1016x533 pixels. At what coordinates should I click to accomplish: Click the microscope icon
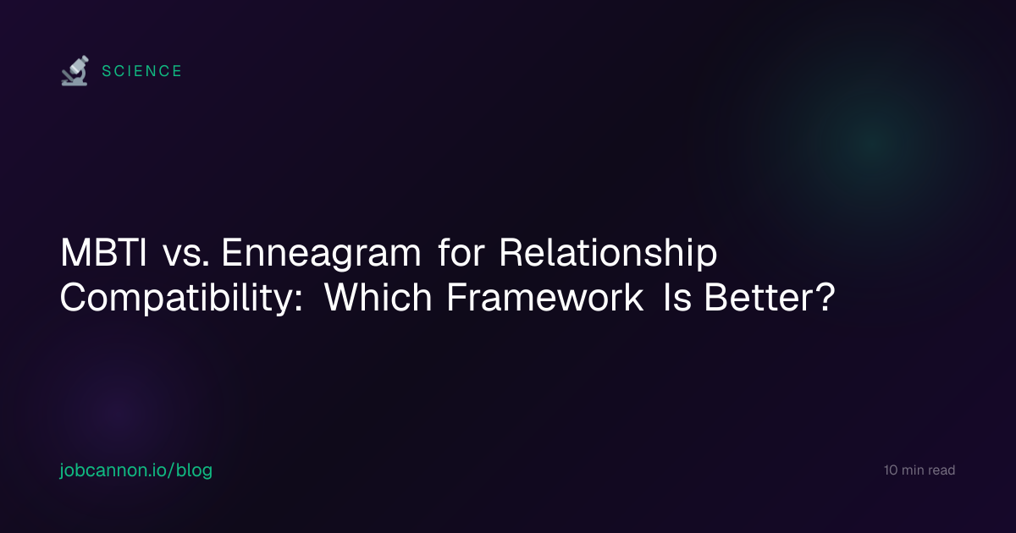click(75, 71)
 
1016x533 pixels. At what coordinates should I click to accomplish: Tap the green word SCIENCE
click(142, 71)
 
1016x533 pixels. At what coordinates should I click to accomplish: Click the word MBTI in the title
click(103, 252)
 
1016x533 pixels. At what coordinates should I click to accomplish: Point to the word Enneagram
click(321, 255)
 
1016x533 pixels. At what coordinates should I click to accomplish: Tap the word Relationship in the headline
click(608, 254)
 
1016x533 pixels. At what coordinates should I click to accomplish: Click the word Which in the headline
click(378, 297)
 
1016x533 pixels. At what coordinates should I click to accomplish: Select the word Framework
click(544, 297)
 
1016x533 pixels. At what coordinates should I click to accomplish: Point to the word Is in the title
click(677, 297)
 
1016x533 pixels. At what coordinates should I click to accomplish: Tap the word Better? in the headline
click(770, 297)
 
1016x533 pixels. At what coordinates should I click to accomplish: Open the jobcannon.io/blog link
click(136, 470)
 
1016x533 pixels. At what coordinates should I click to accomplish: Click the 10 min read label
click(919, 470)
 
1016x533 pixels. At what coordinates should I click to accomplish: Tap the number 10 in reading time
click(891, 470)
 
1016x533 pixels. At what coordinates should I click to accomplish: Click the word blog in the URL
click(194, 470)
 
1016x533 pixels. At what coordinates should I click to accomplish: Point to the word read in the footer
click(941, 470)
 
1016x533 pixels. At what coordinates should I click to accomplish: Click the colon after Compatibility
click(298, 301)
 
